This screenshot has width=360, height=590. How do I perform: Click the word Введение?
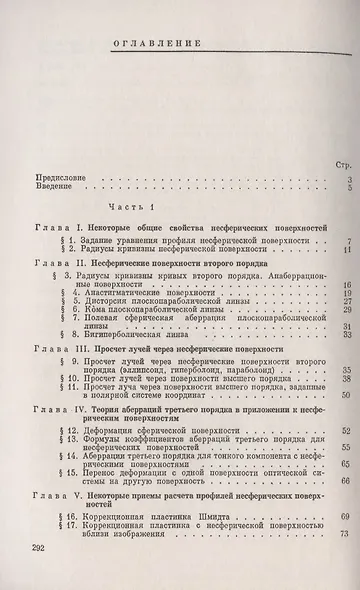(54, 187)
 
